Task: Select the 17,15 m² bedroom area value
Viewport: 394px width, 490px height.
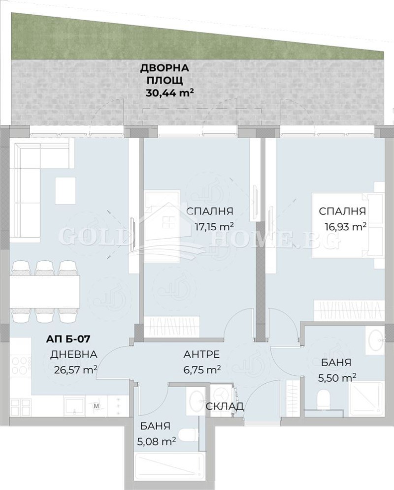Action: [212, 226]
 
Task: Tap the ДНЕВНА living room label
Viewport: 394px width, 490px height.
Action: [73, 354]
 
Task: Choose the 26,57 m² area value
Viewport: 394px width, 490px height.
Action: [75, 369]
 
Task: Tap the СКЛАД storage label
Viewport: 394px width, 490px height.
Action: [224, 406]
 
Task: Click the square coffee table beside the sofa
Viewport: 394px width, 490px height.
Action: [65, 190]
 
